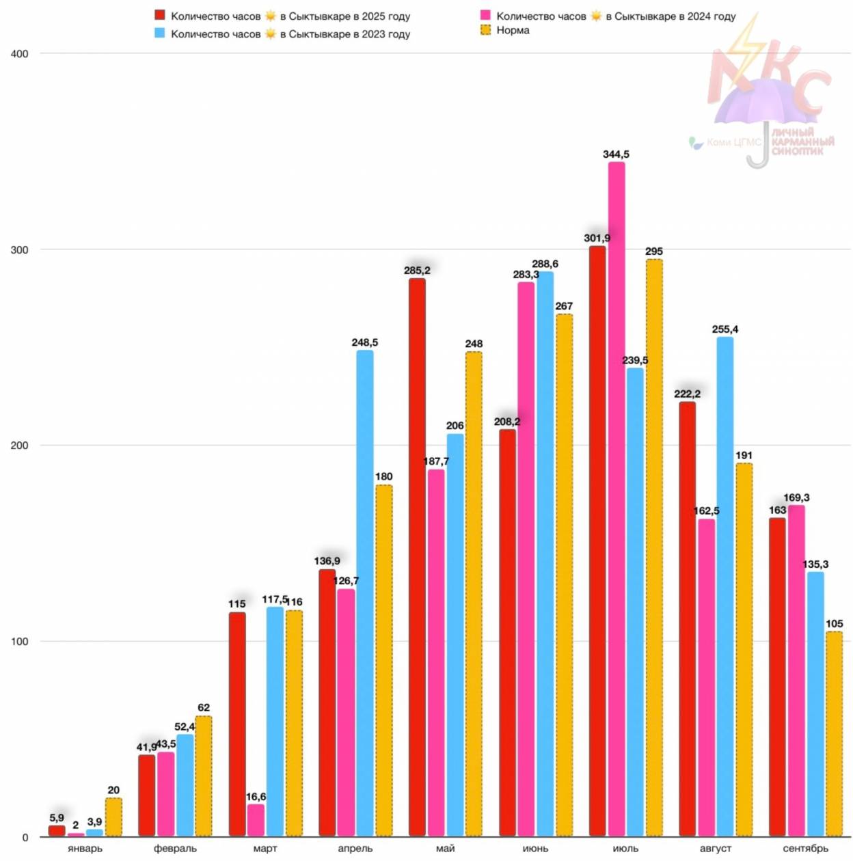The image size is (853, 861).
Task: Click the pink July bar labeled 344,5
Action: [x=616, y=499]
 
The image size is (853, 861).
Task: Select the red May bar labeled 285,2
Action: [x=417, y=557]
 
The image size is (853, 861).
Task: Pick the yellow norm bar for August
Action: [x=744, y=649]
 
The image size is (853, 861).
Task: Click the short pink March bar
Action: [x=256, y=820]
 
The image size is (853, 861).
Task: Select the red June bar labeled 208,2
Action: [x=507, y=632]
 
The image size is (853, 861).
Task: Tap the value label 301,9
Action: [x=597, y=238]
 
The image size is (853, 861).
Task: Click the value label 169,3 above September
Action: [x=796, y=497]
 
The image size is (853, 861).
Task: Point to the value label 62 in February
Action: [x=204, y=707]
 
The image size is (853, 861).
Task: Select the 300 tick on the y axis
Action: [x=20, y=250]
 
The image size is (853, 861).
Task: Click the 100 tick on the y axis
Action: [x=20, y=642]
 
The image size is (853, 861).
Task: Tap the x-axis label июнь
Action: [x=535, y=848]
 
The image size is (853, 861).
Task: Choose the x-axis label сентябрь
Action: [x=805, y=848]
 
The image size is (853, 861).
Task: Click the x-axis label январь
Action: [x=85, y=848]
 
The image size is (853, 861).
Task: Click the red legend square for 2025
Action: [x=160, y=15]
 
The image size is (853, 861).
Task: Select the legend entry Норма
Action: [x=513, y=30]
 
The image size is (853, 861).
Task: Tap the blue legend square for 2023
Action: [x=160, y=33]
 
